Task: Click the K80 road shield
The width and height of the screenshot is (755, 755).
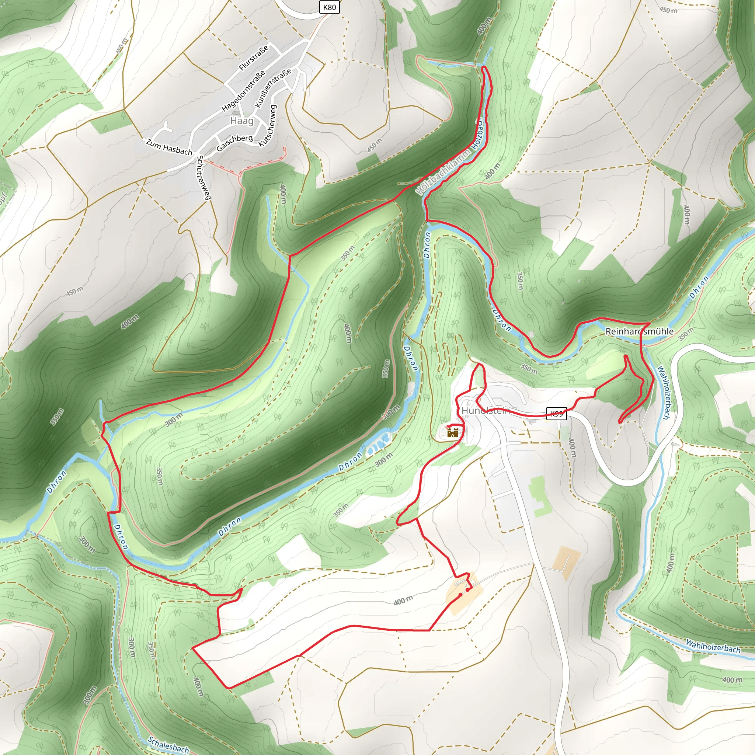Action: [x=329, y=7]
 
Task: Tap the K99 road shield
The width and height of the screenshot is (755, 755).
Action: [x=556, y=414]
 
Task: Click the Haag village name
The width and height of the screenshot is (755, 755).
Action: [x=242, y=121]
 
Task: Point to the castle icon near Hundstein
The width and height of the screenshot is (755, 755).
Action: [x=453, y=432]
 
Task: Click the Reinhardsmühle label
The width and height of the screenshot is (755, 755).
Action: [x=639, y=331]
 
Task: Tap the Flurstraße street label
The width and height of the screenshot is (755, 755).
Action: [x=254, y=58]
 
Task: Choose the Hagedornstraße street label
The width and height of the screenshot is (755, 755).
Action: [x=243, y=91]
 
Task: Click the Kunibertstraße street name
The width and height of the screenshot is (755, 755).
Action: [x=273, y=88]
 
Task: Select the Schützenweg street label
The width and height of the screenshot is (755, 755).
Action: [x=203, y=177]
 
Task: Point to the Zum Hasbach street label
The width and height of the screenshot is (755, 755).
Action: [x=169, y=147]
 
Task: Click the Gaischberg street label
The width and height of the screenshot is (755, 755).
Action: [x=234, y=143]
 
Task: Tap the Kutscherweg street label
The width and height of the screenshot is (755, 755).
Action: [x=268, y=126]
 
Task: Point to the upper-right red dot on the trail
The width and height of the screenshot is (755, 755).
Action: [x=467, y=590]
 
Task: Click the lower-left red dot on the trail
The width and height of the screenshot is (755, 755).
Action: [x=460, y=595]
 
